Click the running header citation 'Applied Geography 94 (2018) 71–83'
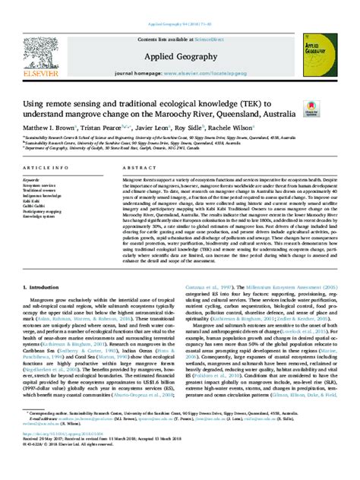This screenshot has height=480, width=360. [x=179, y=6]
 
